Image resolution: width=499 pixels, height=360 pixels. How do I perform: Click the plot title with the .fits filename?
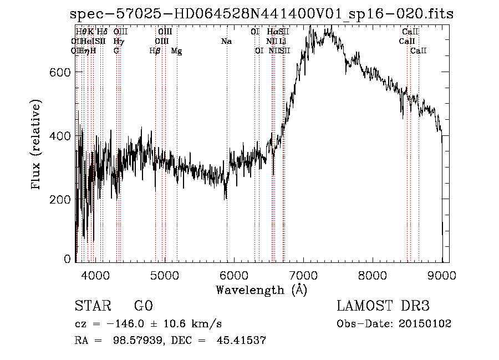point(262,14)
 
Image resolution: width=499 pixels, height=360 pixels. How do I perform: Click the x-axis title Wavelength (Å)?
point(261,290)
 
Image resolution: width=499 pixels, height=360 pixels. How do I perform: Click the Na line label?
point(226,42)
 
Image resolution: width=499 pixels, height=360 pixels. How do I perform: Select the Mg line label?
point(176,51)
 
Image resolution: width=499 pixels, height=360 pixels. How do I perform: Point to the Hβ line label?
point(155,51)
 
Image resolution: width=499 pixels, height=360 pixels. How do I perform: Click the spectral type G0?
point(143,307)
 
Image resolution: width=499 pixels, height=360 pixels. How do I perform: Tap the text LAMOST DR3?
point(383,307)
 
